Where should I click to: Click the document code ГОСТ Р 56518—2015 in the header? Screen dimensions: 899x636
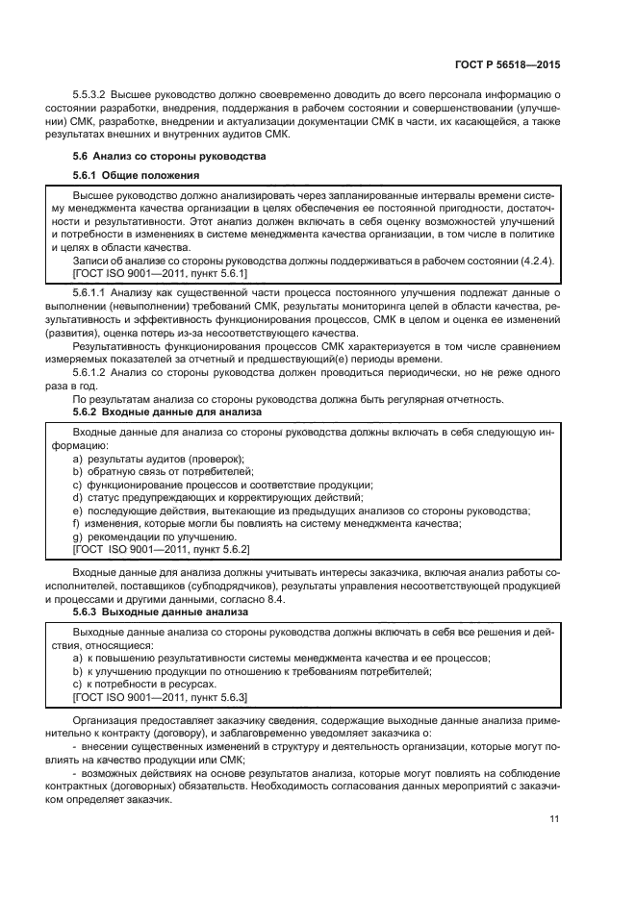point(507,63)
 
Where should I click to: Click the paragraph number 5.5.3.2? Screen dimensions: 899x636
point(90,95)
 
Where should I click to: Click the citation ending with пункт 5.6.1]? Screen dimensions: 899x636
point(160,273)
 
